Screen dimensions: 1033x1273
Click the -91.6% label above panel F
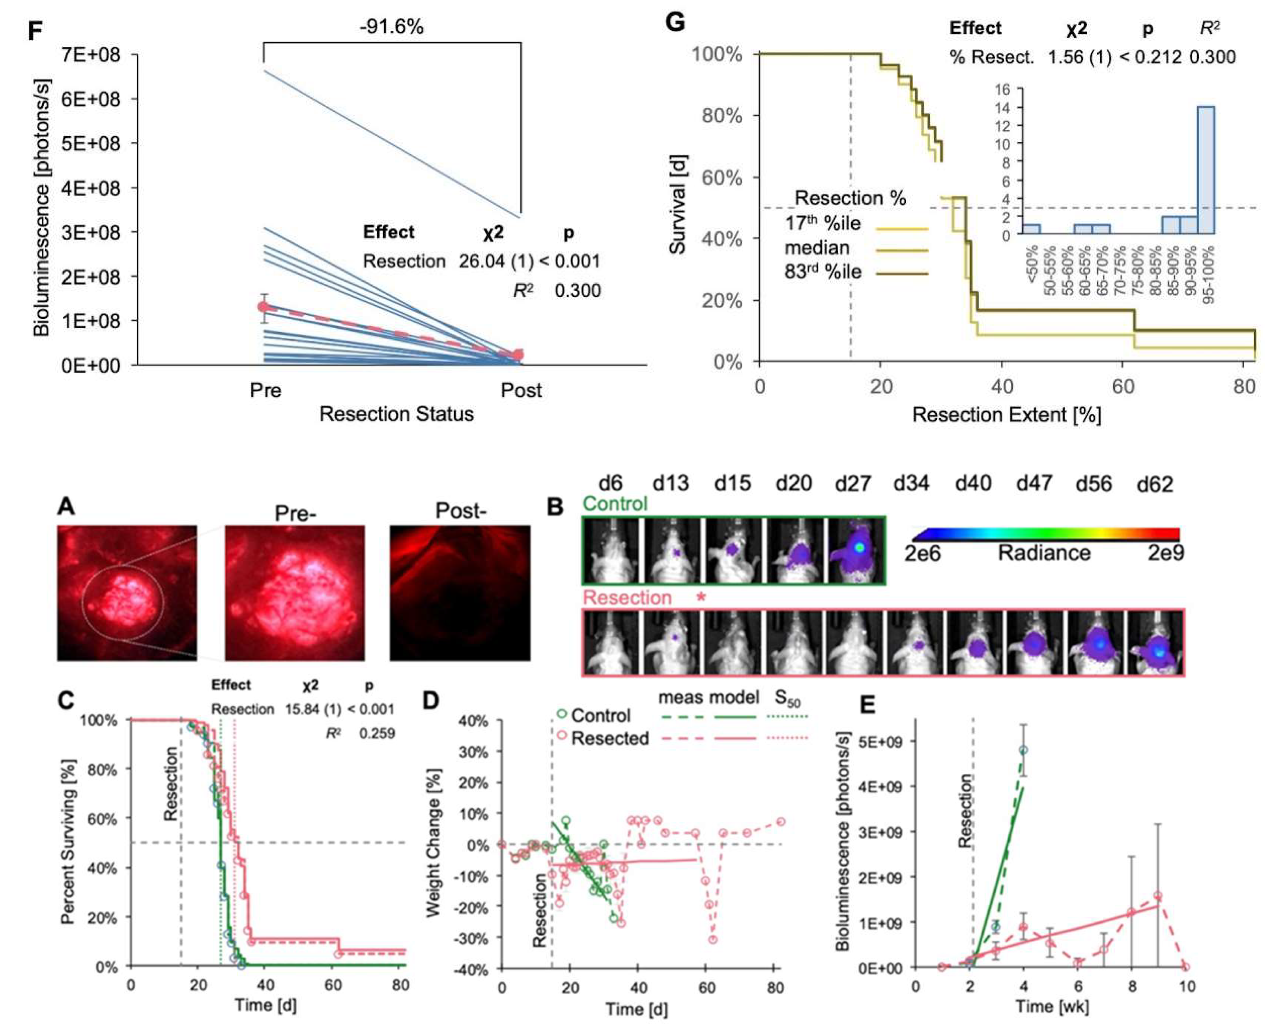point(391,27)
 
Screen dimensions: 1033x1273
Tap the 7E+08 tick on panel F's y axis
point(90,55)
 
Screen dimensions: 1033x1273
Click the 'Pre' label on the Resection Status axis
point(265,390)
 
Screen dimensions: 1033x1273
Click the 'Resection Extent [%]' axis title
point(1006,415)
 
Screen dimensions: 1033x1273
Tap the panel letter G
point(676,22)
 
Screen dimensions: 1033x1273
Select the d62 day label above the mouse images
point(1155,485)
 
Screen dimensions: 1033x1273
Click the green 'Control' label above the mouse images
point(615,504)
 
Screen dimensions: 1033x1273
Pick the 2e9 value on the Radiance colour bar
point(1165,553)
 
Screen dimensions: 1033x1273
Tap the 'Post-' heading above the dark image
point(460,511)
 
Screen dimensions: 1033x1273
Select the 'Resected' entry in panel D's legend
point(609,739)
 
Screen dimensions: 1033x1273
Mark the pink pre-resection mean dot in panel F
point(264,307)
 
